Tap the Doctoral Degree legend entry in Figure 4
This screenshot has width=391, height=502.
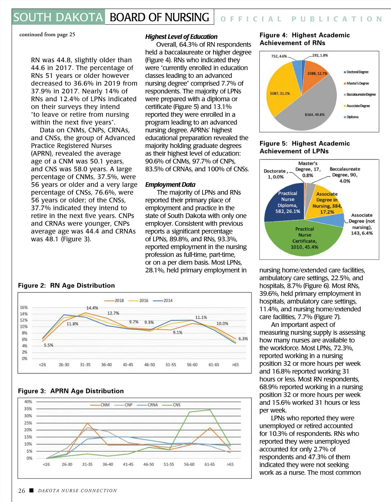point(357,72)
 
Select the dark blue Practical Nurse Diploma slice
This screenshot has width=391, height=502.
point(283,204)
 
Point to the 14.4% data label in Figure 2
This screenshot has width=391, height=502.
point(92,308)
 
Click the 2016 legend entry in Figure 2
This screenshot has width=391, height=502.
point(143,301)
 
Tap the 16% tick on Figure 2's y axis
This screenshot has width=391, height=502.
point(24,307)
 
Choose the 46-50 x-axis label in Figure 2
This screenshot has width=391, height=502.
point(150,365)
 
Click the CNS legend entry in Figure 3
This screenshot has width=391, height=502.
point(176,405)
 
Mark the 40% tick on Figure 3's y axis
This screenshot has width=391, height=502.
point(28,402)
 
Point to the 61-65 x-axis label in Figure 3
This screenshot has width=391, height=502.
point(210,464)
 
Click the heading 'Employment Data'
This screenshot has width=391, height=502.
point(170,185)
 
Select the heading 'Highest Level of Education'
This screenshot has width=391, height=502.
point(181,37)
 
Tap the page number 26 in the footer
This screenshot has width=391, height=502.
point(22,491)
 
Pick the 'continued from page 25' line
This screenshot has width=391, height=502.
point(47,35)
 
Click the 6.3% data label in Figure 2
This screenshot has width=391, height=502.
point(243,339)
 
